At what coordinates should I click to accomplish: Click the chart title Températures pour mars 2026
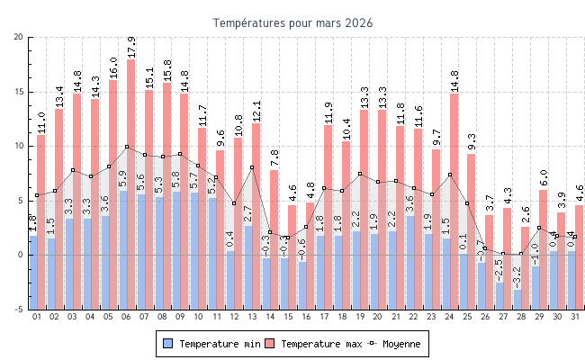click(x=292, y=22)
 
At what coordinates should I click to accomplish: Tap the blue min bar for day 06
click(x=123, y=225)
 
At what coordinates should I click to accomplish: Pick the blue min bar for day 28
click(x=518, y=273)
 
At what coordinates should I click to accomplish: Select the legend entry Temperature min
click(x=211, y=344)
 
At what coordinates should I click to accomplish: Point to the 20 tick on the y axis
click(x=19, y=37)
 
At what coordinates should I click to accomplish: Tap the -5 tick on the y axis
click(x=19, y=310)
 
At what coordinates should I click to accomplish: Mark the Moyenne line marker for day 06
click(x=127, y=147)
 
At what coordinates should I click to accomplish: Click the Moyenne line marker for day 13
click(x=252, y=167)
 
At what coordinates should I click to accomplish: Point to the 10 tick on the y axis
click(x=19, y=146)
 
